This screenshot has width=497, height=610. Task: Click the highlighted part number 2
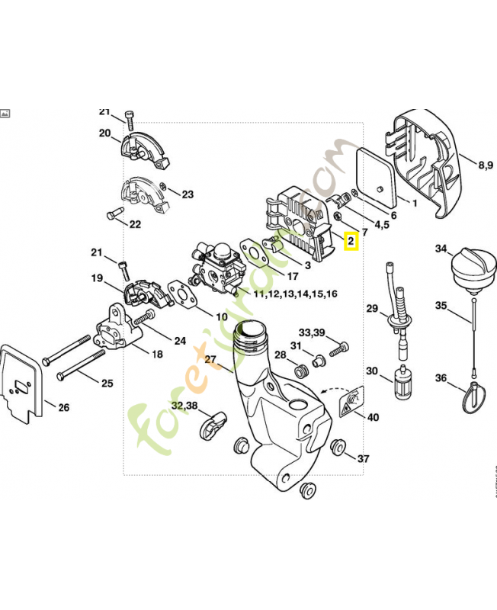click(351, 242)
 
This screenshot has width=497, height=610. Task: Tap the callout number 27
click(211, 358)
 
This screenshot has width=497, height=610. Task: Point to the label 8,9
click(486, 164)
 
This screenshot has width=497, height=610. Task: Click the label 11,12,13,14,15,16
click(294, 293)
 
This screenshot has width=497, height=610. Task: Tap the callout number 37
click(364, 458)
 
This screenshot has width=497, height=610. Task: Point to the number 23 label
click(187, 194)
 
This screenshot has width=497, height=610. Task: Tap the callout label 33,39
click(311, 332)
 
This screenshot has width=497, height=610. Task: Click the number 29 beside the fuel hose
click(372, 309)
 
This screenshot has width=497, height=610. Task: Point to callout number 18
click(157, 354)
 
